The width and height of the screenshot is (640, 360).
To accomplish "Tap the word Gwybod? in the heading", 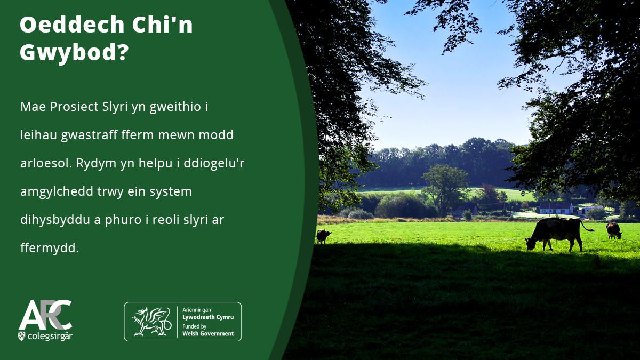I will [74, 54].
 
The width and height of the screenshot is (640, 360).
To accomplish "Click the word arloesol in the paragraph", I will [45, 163].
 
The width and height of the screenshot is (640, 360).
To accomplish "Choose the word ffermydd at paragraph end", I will [49, 248].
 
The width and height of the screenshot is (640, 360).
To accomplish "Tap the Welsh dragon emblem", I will [151, 321].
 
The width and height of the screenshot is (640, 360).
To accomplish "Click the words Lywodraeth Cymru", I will [208, 317].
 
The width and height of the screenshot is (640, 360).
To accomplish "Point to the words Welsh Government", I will [208, 333].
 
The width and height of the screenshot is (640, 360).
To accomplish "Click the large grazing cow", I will [555, 232].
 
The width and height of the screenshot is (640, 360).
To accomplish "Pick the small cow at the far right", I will [614, 230].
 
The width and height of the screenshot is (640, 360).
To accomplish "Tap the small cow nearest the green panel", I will [323, 236].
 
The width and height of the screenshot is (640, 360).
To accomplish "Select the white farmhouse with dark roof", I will [556, 207].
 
